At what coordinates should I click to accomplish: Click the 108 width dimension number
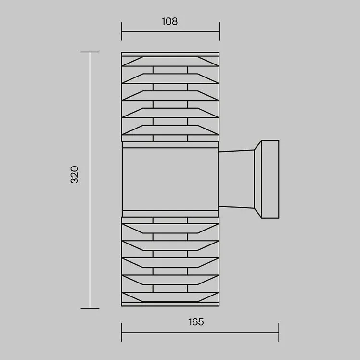click(x=169, y=21)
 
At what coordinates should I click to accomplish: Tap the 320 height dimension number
click(x=75, y=175)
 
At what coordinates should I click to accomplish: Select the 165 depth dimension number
click(x=196, y=322)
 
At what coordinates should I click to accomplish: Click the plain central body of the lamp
click(x=170, y=179)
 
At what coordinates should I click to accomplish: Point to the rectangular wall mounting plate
click(x=270, y=179)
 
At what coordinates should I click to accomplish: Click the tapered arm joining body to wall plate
click(x=236, y=179)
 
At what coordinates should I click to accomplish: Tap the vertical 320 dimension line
click(x=90, y=180)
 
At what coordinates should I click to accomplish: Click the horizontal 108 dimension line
click(x=170, y=31)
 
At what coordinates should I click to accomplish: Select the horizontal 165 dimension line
click(x=200, y=332)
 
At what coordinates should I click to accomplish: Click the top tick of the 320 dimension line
click(x=90, y=52)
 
